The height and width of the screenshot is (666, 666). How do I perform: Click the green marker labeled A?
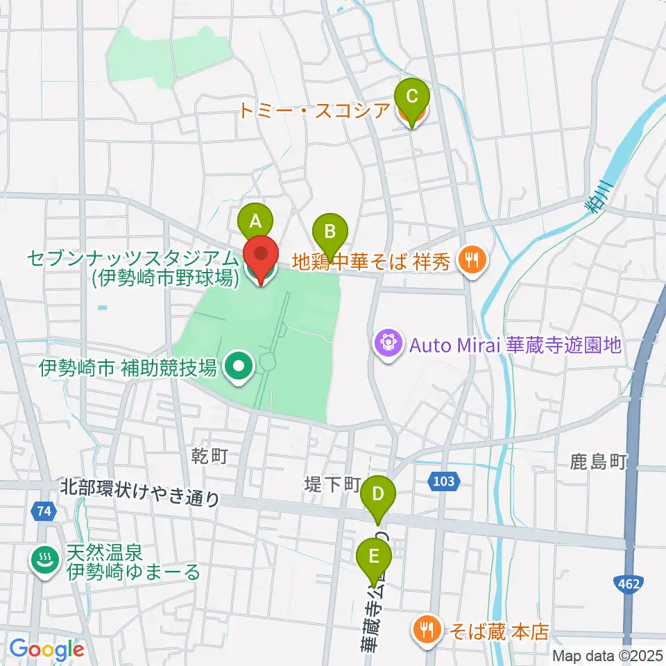point(255,221)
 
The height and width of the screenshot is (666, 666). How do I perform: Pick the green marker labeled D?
point(378,495)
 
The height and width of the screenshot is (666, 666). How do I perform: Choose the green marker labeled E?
point(374,557)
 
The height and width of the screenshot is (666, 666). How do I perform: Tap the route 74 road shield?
point(44,511)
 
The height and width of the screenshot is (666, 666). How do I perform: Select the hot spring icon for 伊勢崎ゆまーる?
point(45,563)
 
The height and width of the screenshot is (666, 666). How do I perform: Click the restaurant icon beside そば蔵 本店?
point(425,631)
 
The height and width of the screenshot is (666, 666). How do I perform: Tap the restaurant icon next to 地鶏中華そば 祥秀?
point(473,261)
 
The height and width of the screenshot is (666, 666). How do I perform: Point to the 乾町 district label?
point(210,456)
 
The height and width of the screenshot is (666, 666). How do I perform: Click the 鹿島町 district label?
point(599,461)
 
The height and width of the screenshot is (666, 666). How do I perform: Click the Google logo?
point(46,650)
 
